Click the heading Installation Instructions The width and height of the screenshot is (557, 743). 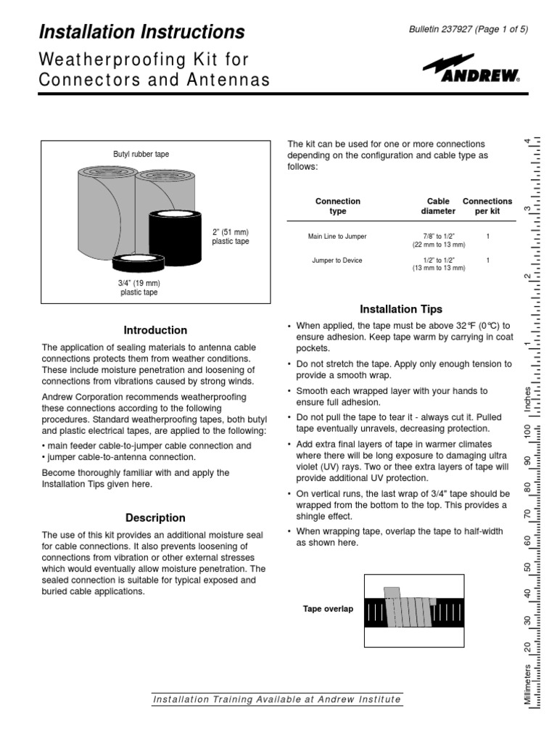click(x=141, y=32)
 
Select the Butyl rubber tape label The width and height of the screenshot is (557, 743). click(x=141, y=155)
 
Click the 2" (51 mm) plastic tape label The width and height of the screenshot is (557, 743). click(x=230, y=236)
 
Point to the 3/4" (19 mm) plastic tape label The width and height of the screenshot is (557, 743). click(x=139, y=287)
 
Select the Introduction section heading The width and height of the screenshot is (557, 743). click(x=155, y=330)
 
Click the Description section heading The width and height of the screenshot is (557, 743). click(x=155, y=518)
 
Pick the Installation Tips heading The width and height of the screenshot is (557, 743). click(x=401, y=309)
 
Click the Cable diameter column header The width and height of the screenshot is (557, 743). click(x=438, y=206)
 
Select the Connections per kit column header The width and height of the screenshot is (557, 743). click(x=487, y=206)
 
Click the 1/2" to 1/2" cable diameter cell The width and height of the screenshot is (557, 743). click(x=439, y=264)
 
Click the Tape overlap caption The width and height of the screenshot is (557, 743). click(x=328, y=609)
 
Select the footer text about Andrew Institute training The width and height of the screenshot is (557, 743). click(x=276, y=699)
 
